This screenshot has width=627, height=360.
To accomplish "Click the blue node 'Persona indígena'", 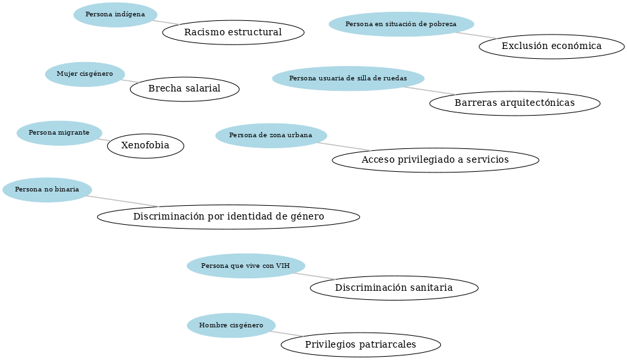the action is click(115, 15).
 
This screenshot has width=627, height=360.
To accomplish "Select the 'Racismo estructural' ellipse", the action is click(233, 33).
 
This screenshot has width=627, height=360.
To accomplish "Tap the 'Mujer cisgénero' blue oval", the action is click(85, 74).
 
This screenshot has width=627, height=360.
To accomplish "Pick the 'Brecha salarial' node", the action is click(184, 89).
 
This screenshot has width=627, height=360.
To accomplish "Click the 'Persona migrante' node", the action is click(59, 133).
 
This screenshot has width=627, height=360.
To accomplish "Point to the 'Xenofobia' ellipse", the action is click(146, 146).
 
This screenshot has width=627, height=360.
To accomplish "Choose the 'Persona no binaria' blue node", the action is click(47, 189).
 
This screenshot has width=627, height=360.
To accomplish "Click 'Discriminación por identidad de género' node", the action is click(229, 217).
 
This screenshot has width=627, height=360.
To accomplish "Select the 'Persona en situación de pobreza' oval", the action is click(402, 24).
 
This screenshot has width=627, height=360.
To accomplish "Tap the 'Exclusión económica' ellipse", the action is click(551, 46).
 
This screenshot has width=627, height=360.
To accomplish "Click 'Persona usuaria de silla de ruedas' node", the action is click(348, 78).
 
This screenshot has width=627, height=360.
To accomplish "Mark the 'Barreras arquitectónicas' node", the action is click(515, 103).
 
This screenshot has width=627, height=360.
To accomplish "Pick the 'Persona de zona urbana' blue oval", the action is click(271, 136).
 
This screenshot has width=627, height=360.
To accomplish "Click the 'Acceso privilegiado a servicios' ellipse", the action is click(436, 160).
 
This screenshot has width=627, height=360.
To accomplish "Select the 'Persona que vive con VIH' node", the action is click(246, 266).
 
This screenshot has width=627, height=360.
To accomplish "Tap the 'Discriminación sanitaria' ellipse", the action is click(394, 287).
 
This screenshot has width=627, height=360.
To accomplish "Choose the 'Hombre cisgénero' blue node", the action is click(231, 325).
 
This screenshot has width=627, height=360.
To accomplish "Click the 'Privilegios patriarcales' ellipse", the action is click(361, 344).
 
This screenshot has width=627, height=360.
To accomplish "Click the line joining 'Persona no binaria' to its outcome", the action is click(123, 201).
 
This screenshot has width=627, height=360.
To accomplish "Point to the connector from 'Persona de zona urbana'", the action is click(344, 146).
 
